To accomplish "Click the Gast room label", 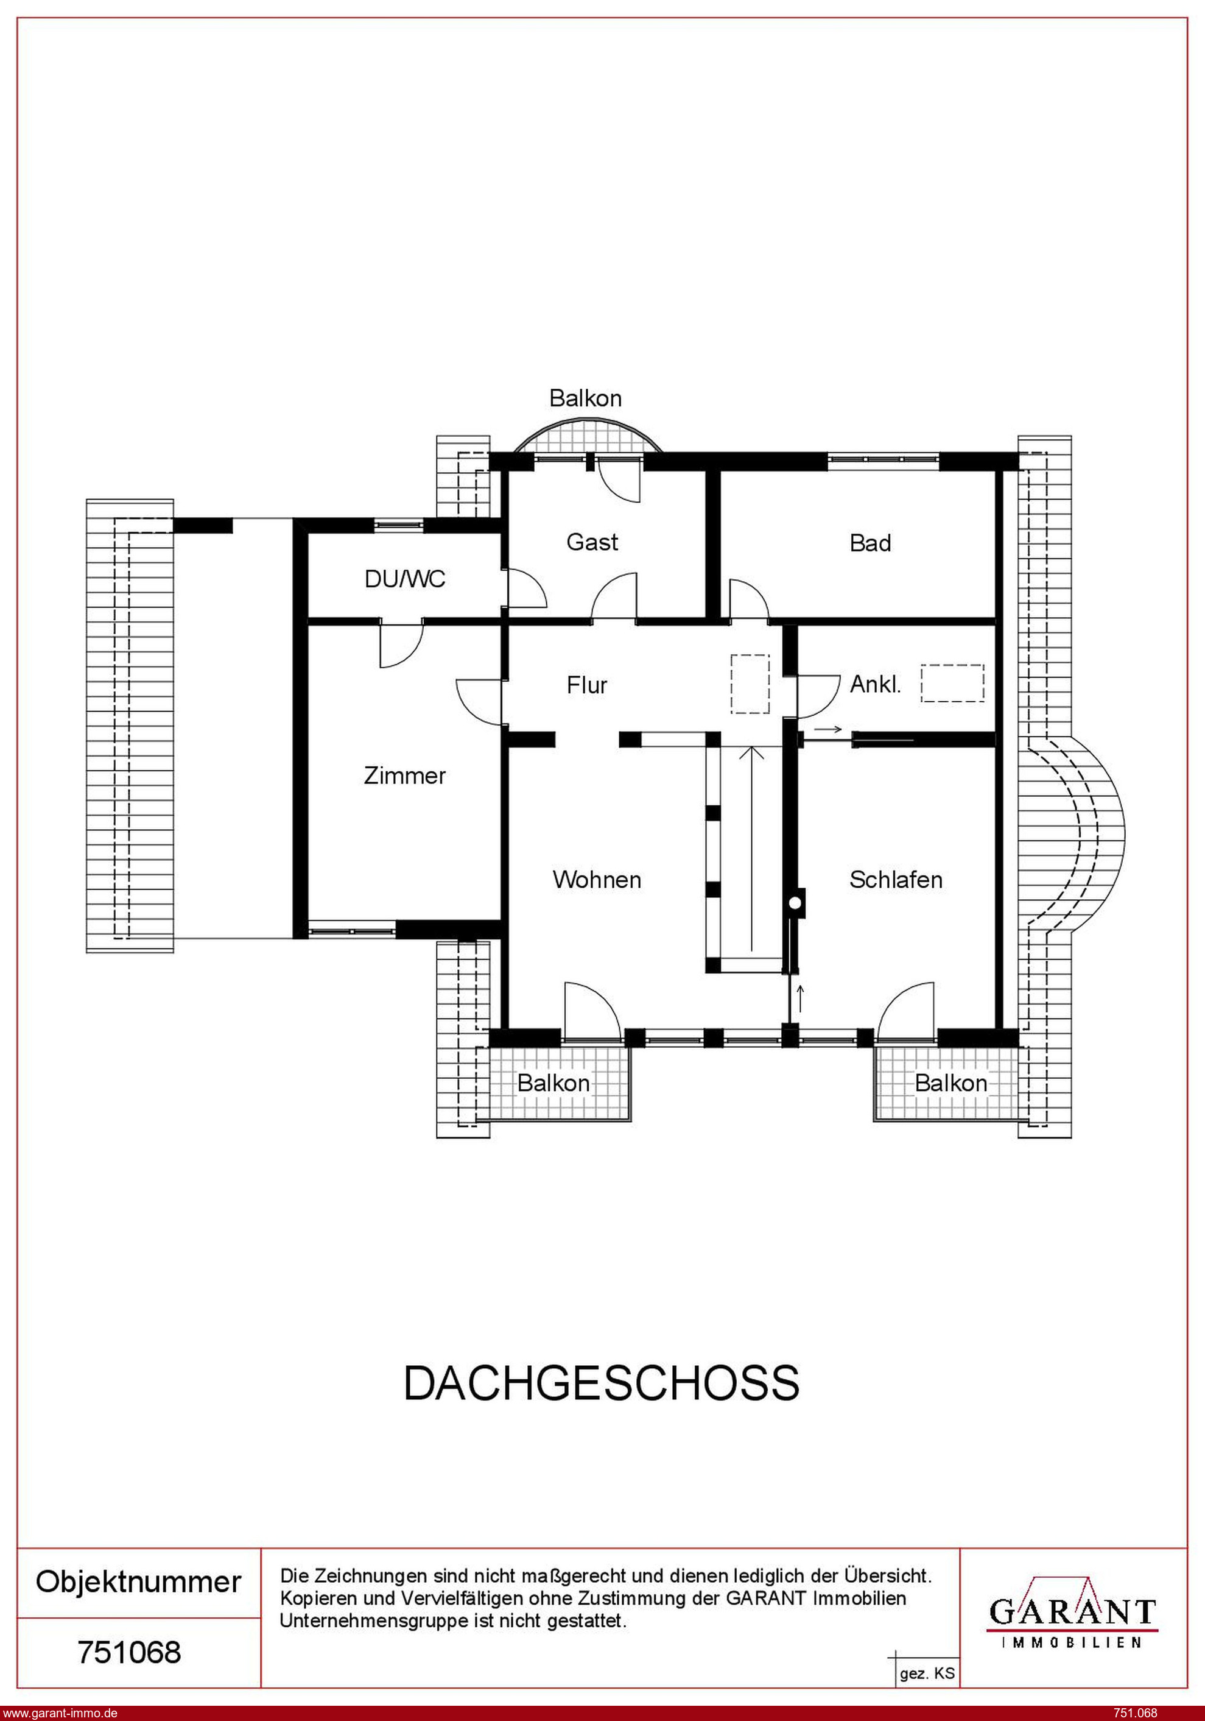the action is [x=592, y=542].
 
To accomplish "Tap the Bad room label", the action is [x=870, y=543].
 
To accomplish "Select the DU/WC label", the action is [x=405, y=579].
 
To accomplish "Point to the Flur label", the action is [x=587, y=684].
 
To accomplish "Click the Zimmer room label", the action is [x=405, y=775].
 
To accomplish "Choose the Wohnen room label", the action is [x=597, y=879].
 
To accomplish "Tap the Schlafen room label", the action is [x=896, y=879].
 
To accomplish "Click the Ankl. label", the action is [x=875, y=684].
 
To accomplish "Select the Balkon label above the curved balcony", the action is [x=585, y=398].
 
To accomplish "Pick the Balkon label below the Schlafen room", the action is [x=951, y=1083].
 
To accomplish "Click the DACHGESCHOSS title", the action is [x=602, y=1383].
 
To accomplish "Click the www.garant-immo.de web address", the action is [x=59, y=1712].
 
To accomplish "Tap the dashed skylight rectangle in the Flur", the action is [x=750, y=683].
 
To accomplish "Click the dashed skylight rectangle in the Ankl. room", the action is [x=952, y=683].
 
